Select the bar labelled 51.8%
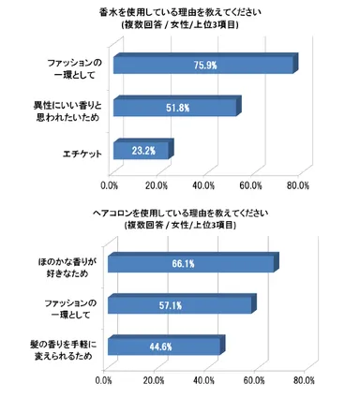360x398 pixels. (x=174, y=108)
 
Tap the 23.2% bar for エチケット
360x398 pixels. (x=141, y=150)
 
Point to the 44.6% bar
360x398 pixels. (x=163, y=346)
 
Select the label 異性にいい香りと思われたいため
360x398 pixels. (x=60, y=108)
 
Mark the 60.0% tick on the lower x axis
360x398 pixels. (x=253, y=382)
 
